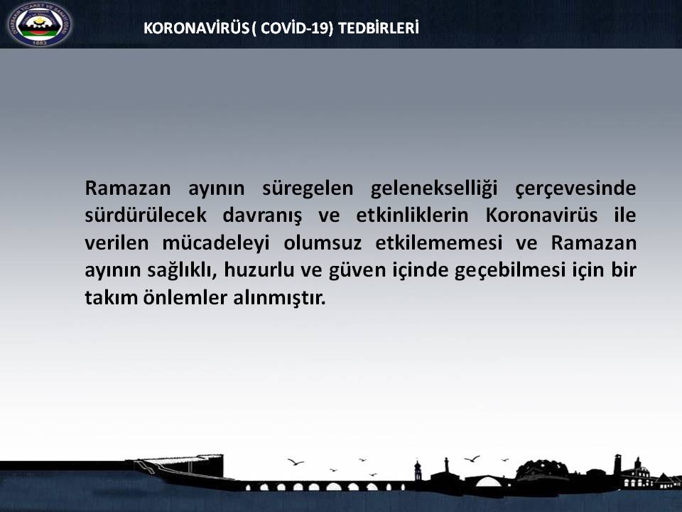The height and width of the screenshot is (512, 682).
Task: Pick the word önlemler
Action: point(181,297)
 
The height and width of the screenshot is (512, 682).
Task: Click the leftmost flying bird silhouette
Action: point(295,462)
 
